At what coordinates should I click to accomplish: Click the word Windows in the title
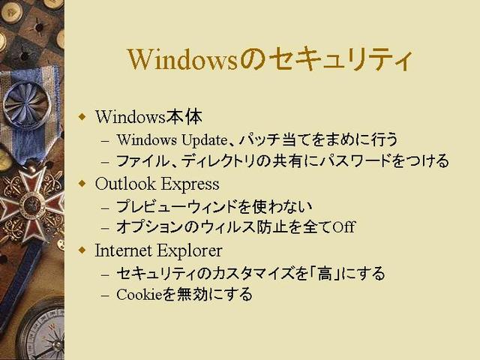click(x=183, y=59)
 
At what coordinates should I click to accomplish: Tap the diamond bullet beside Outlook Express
click(x=82, y=183)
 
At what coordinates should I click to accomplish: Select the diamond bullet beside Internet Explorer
click(x=82, y=250)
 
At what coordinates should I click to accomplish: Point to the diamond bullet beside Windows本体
click(x=82, y=117)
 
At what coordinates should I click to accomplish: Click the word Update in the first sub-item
click(x=204, y=140)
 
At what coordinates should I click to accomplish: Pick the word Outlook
click(x=125, y=183)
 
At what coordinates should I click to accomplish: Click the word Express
click(x=190, y=184)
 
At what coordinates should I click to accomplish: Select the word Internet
click(x=124, y=250)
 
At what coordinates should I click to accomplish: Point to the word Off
click(x=343, y=226)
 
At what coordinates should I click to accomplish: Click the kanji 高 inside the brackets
click(x=325, y=273)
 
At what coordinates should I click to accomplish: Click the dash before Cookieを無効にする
click(x=105, y=295)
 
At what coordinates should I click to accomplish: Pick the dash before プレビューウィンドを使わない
click(x=105, y=208)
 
